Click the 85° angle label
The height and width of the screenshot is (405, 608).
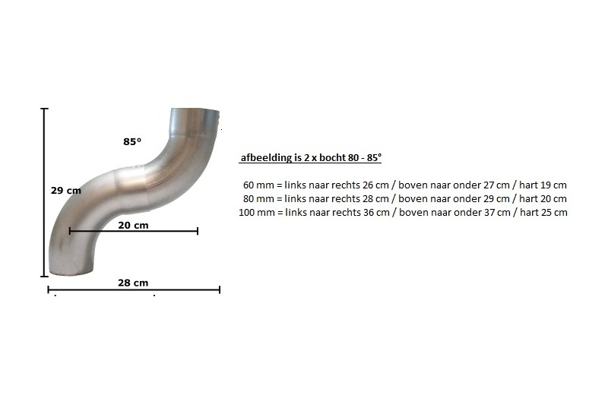click(x=132, y=142)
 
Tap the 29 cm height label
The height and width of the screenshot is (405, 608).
click(x=66, y=191)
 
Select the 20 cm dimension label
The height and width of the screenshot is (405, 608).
click(x=133, y=225)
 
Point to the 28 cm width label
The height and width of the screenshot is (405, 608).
click(x=133, y=283)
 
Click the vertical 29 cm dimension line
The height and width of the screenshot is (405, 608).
click(x=45, y=192)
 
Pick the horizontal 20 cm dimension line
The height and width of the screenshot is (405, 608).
click(x=134, y=231)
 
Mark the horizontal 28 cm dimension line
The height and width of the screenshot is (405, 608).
click(x=134, y=290)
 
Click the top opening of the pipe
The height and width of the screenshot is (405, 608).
click(x=195, y=111)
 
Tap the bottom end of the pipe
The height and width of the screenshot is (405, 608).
click(x=71, y=273)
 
